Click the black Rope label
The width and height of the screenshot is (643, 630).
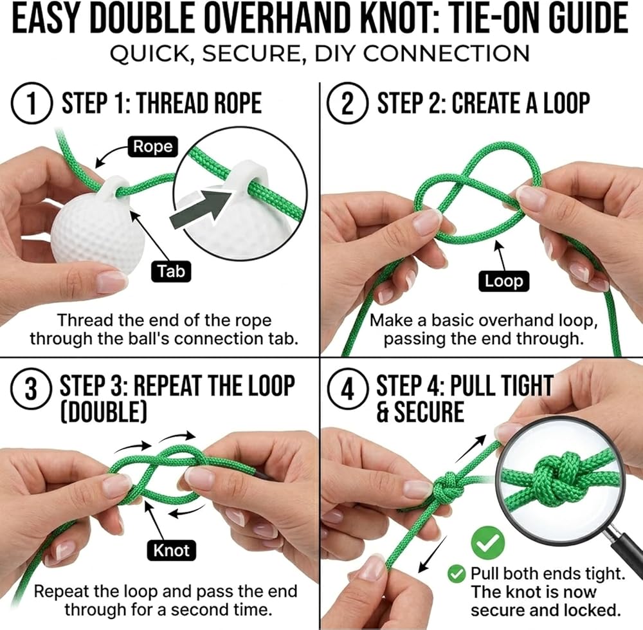point(153,147)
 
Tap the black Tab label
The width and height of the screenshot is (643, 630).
point(172,271)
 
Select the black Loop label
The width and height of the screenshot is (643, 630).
point(503,281)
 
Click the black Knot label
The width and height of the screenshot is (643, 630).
point(172,550)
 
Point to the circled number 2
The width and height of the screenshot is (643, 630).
point(347,103)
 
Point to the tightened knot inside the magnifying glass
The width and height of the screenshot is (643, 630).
point(556,476)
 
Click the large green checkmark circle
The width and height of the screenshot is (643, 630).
point(487,542)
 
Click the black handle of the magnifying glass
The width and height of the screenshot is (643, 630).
point(624,550)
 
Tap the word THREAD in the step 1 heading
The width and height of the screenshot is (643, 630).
point(166,102)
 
